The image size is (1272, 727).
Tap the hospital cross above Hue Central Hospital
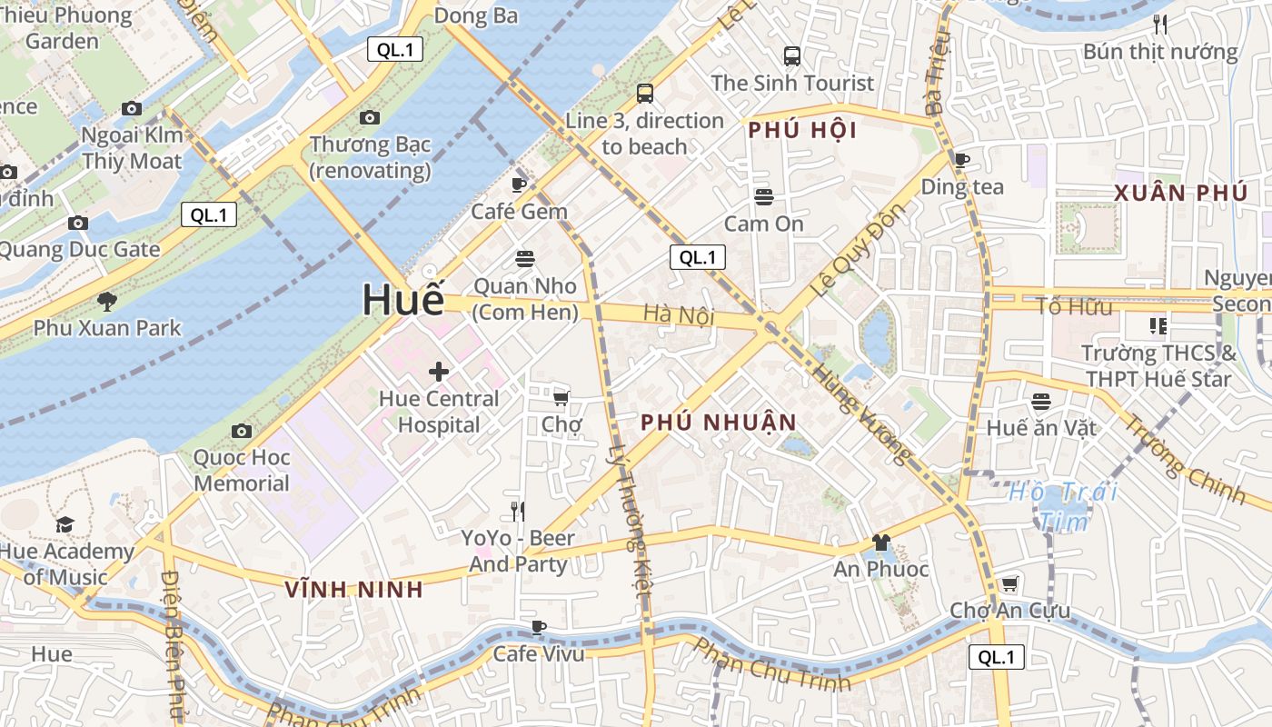(x=439, y=371)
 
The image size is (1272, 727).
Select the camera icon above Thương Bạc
(x=369, y=117)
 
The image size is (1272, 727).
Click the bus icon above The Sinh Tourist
(x=792, y=55)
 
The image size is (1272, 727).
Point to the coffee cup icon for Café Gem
(x=519, y=184)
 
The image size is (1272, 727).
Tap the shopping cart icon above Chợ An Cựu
(x=1009, y=583)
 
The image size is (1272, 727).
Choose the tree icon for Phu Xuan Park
(x=107, y=301)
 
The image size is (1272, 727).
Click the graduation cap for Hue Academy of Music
(x=65, y=524)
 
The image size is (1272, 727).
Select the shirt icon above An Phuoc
(x=880, y=543)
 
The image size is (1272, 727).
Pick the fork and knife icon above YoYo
(x=518, y=511)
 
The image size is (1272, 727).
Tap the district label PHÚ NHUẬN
(x=718, y=423)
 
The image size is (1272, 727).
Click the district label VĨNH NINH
(x=354, y=590)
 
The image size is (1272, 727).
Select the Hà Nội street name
(x=679, y=314)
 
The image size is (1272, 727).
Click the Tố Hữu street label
(x=1074, y=306)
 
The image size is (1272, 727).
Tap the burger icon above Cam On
(x=764, y=196)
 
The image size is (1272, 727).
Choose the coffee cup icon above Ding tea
(x=962, y=161)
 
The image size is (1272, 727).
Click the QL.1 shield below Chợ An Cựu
(x=997, y=657)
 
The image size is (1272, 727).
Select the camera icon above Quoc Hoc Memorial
(x=242, y=431)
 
